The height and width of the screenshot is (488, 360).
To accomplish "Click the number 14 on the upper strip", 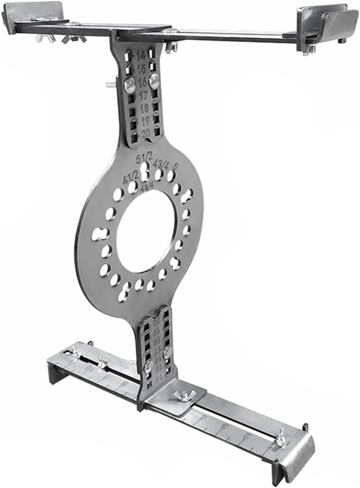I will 141,57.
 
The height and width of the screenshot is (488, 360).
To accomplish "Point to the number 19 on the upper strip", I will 145,121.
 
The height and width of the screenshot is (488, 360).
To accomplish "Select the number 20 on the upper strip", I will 145,133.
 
